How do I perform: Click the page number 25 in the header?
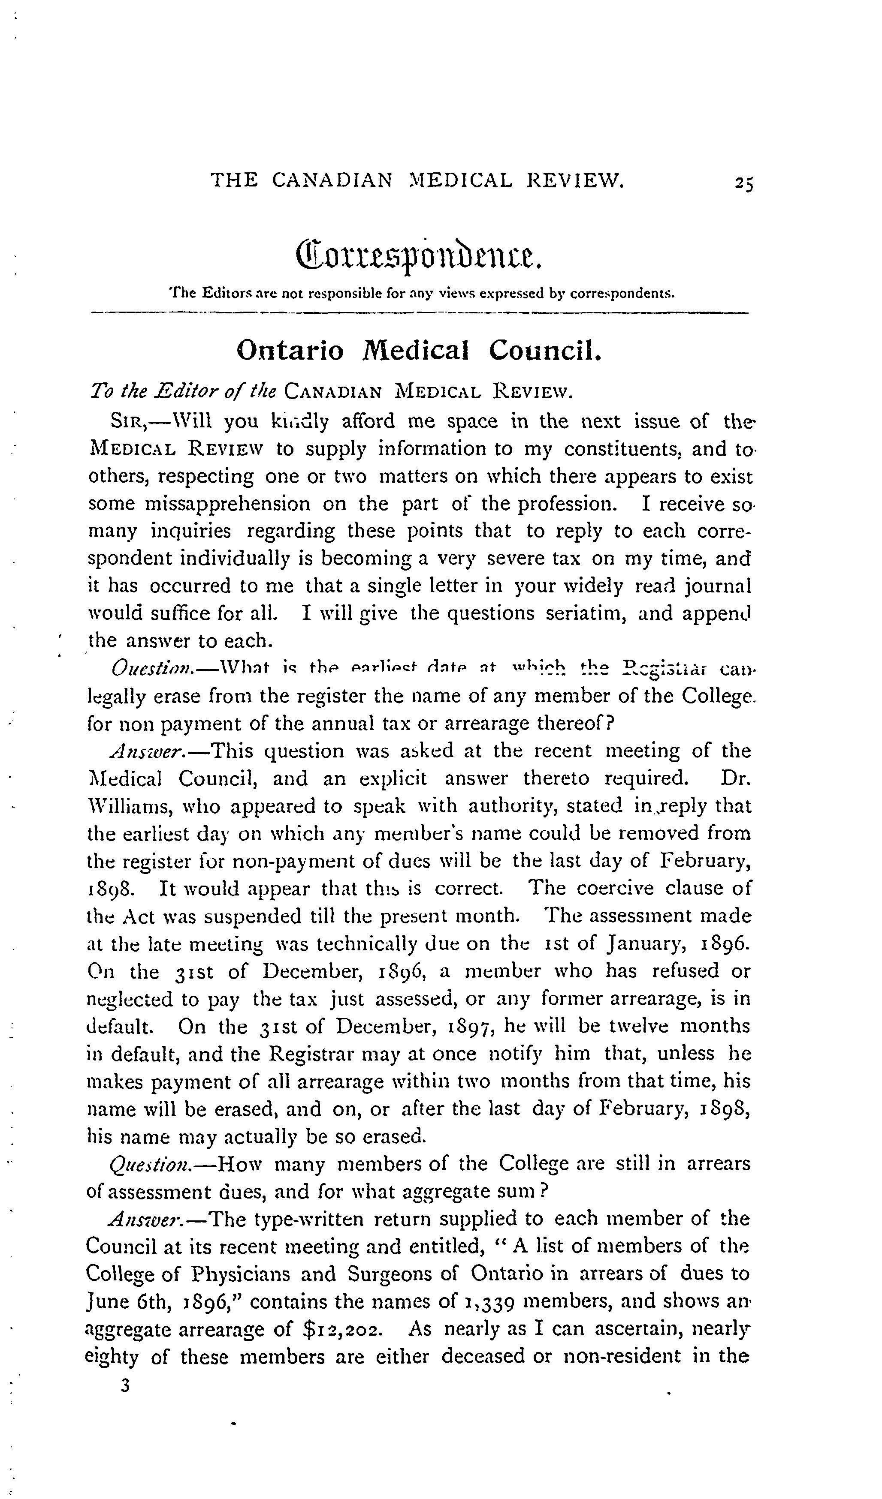pos(743,182)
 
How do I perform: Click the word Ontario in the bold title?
pos(290,351)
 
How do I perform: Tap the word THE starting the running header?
pos(235,180)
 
